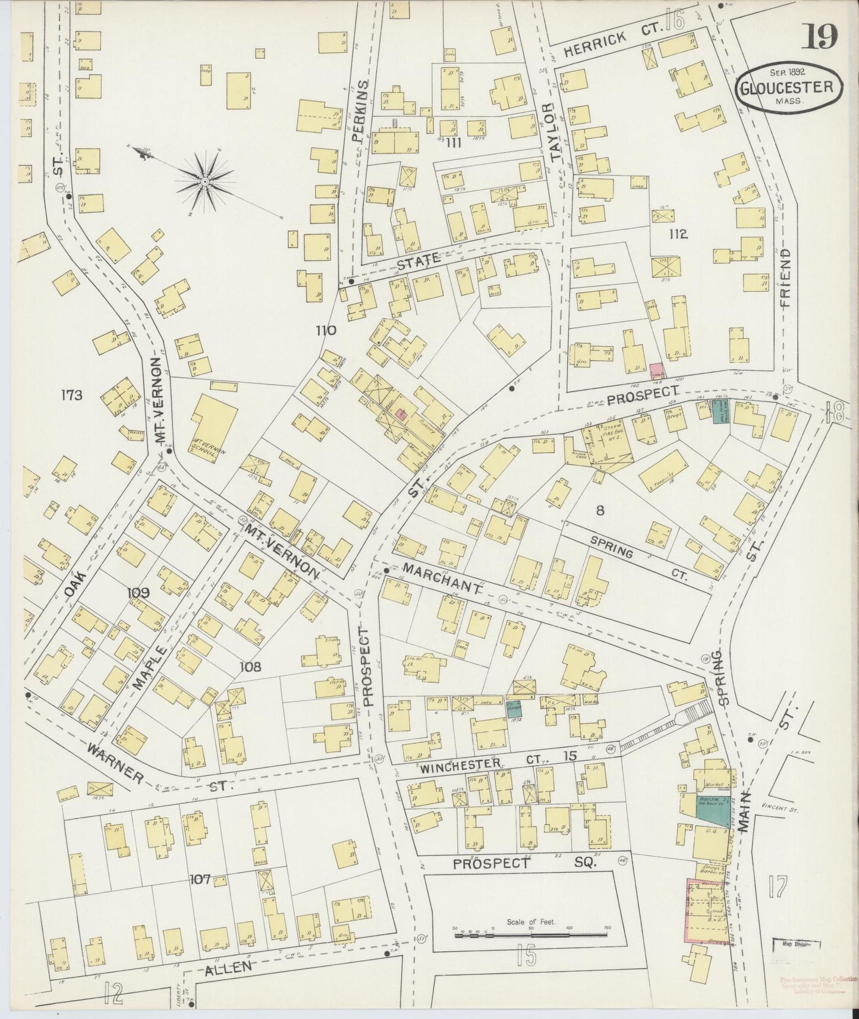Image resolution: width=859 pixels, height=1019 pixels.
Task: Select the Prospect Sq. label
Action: pyautogui.click(x=524, y=862)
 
